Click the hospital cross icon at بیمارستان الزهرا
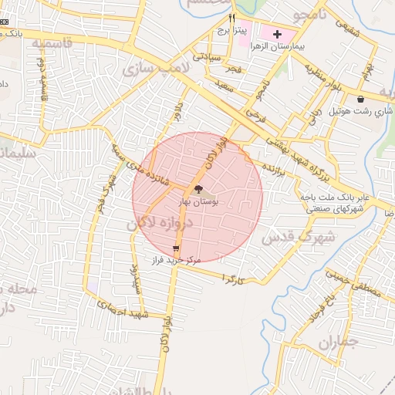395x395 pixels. [277, 35]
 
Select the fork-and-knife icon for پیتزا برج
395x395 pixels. [231, 18]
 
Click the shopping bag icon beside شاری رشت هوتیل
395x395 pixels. [361, 99]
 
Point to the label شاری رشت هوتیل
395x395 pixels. [361, 110]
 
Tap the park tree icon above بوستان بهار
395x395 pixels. [198, 189]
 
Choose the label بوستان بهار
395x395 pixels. [199, 201]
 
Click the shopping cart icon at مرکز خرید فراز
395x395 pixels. [177, 248]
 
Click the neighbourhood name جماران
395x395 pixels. [338, 341]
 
